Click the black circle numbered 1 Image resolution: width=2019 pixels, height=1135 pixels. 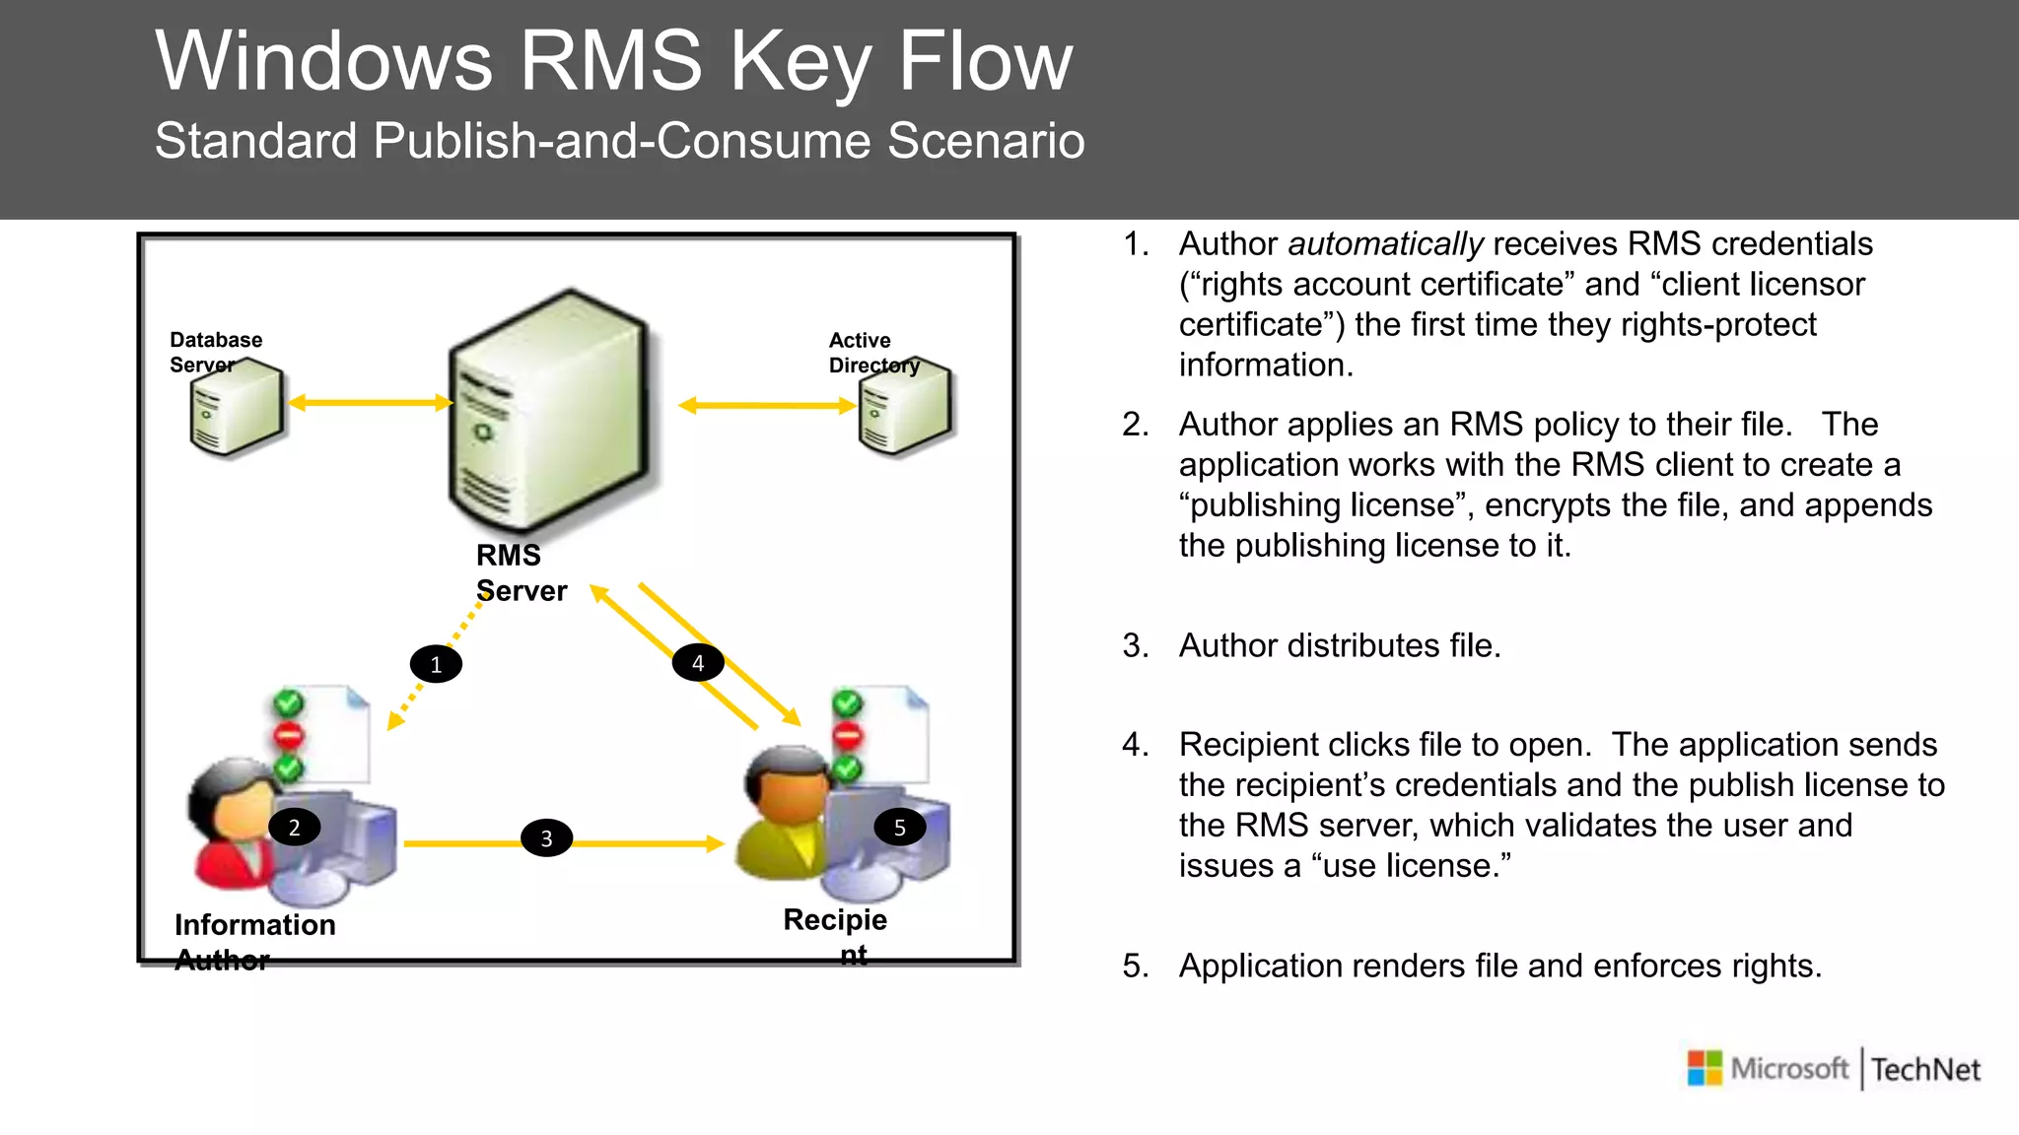pos(436,664)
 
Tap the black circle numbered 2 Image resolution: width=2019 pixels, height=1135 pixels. pos(294,828)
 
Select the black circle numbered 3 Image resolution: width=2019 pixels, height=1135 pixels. pos(546,838)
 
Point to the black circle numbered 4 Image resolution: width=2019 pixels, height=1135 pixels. pos(698,663)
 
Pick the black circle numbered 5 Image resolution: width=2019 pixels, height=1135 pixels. pos(899,828)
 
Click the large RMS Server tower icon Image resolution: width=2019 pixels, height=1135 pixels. pos(548,414)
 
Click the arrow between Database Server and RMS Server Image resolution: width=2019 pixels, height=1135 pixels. pos(369,402)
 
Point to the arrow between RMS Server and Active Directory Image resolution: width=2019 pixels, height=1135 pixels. pos(766,405)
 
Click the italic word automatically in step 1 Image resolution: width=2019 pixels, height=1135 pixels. pos(1384,243)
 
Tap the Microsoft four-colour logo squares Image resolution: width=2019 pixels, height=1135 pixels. pos(1705,1068)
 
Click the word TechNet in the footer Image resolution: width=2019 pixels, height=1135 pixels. pos(1925,1069)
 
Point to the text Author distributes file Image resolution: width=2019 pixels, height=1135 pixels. pos(1339,645)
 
